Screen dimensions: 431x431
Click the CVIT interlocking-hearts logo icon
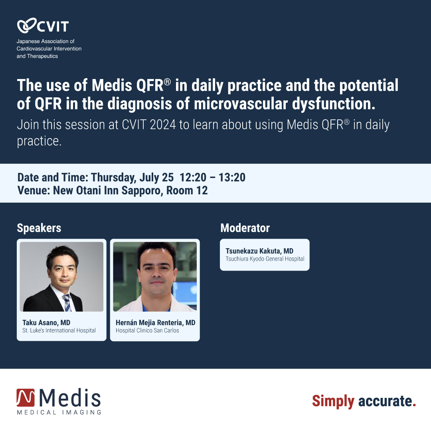coord(26,26)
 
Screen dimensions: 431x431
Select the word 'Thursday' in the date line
coord(113,177)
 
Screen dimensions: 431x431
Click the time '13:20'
coord(232,177)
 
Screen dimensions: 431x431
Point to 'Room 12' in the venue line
coord(187,190)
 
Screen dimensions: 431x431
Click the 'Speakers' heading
coord(39,228)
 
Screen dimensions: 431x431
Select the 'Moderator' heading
coord(245,228)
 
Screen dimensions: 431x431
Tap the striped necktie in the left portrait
coord(67,302)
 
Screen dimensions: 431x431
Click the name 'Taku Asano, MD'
coord(46,322)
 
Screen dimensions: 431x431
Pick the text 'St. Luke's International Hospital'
coord(59,330)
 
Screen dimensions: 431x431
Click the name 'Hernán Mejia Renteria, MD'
coord(155,322)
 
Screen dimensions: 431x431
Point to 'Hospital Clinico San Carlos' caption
coord(147,330)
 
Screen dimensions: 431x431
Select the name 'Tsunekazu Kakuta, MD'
coord(259,251)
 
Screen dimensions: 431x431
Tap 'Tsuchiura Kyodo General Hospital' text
coord(265,259)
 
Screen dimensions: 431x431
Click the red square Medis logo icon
coord(26,398)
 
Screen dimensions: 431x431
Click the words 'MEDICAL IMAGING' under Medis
coord(59,412)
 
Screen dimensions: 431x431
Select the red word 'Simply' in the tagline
coord(333,401)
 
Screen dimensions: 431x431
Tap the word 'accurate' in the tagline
coord(384,401)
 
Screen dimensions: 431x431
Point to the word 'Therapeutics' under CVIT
coord(42,56)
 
